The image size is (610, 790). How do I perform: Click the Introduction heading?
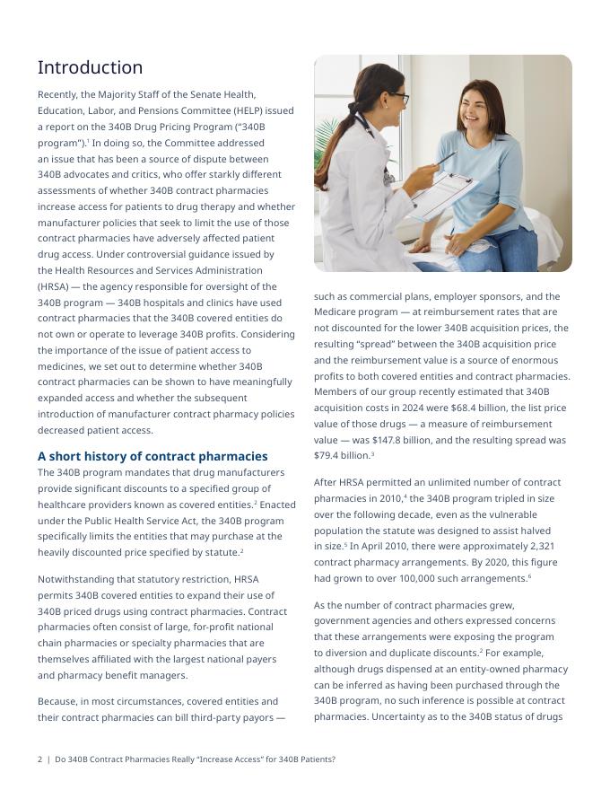coord(90,68)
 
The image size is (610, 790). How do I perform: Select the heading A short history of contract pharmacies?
coord(152,456)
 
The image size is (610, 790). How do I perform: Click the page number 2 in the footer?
coord(39,759)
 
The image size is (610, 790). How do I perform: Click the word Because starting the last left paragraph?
coord(58,701)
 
